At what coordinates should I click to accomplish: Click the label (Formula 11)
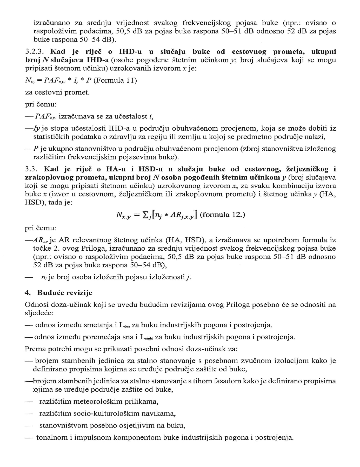(x=115, y=80)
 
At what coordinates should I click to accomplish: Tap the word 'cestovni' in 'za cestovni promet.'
(x=50, y=92)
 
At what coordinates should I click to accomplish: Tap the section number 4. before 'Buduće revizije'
(x=28, y=293)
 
